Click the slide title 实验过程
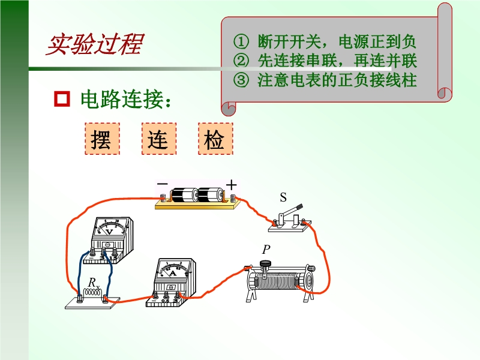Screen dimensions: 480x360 click(95, 44)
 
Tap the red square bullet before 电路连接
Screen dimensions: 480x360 click(62, 98)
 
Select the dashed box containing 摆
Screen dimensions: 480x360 click(102, 139)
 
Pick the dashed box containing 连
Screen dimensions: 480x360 click(159, 139)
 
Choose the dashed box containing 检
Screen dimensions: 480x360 click(215, 139)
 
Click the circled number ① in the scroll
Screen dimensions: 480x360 click(241, 41)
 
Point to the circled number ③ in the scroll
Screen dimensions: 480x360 click(241, 80)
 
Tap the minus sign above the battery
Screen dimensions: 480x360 click(162, 184)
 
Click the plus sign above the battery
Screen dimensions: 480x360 click(232, 185)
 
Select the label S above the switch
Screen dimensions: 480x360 click(283, 197)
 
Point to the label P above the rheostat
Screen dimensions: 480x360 click(266, 250)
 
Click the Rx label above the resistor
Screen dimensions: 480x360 click(94, 283)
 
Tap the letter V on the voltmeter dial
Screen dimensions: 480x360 click(109, 232)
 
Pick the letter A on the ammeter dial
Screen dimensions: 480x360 click(173, 273)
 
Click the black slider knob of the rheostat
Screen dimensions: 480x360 click(265, 263)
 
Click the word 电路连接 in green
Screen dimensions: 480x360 click(122, 99)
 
